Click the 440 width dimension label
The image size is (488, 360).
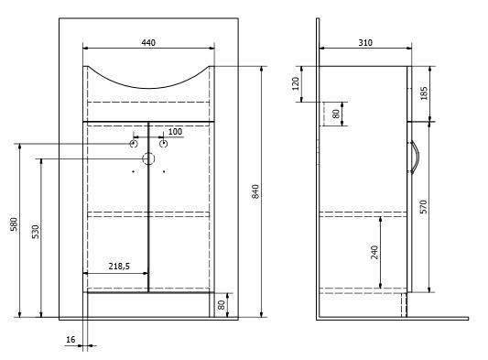[x=148, y=42]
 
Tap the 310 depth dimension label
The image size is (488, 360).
[x=365, y=42]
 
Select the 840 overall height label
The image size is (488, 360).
[x=255, y=191]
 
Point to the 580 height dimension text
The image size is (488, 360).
[x=15, y=224]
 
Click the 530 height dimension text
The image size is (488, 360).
[x=36, y=232]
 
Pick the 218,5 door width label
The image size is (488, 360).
[x=119, y=267]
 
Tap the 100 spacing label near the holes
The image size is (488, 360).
[x=175, y=132]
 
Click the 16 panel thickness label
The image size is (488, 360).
[x=70, y=340]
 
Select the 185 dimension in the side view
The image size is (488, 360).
[x=424, y=93]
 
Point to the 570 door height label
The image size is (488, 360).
[x=424, y=207]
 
